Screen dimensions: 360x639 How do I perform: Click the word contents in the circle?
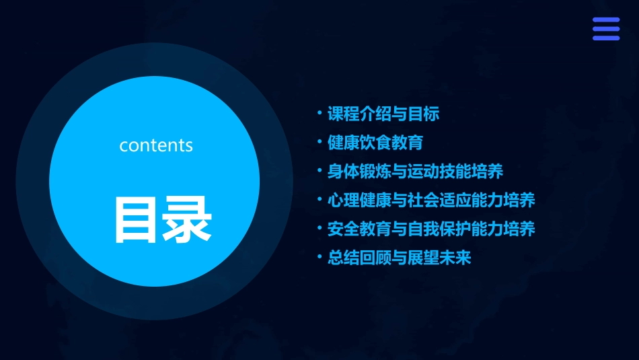[x=156, y=145]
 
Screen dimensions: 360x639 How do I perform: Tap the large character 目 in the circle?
[x=137, y=219]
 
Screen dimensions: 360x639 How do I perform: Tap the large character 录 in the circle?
[x=187, y=219]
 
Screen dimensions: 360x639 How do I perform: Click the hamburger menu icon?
[x=605, y=29]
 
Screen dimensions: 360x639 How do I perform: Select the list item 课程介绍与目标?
[x=383, y=114]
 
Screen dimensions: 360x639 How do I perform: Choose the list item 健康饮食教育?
[x=375, y=143]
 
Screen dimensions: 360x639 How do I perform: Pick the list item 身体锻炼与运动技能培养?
[x=415, y=172]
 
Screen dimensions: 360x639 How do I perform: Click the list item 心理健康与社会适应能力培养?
[x=431, y=201]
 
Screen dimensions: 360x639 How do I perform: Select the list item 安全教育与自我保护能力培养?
[x=431, y=229]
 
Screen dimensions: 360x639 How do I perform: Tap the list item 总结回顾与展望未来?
[x=400, y=258]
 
